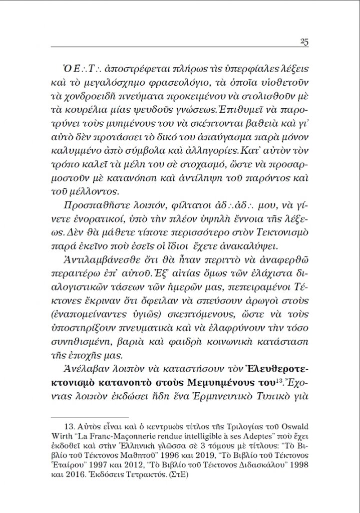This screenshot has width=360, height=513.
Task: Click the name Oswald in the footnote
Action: pyautogui.click(x=292, y=429)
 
